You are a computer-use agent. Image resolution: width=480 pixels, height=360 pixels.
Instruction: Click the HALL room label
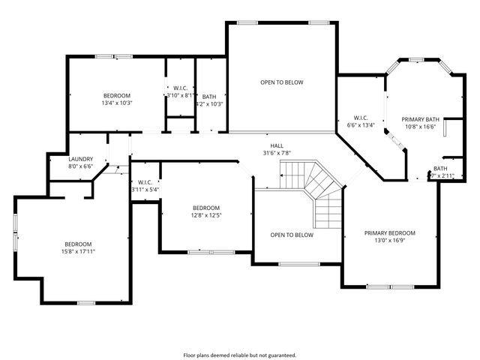[277, 145]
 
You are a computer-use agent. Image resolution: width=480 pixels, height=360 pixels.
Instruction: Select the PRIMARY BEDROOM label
[389, 233]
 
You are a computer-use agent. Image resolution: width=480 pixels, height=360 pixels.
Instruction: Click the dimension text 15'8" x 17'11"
[77, 251]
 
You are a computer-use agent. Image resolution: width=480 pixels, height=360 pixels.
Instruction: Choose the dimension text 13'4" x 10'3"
[116, 103]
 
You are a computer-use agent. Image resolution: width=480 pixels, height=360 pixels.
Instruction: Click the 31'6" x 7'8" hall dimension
[277, 153]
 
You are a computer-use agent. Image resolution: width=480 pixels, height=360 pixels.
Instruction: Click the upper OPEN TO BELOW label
[281, 82]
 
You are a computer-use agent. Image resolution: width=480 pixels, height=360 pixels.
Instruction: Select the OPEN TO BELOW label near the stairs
[292, 235]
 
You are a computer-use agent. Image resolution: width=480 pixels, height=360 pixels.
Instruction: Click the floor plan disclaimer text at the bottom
[240, 355]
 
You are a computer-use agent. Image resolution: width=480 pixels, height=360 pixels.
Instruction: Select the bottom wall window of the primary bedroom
[389, 286]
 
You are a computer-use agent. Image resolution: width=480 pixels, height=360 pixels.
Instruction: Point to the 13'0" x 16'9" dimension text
[389, 241]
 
